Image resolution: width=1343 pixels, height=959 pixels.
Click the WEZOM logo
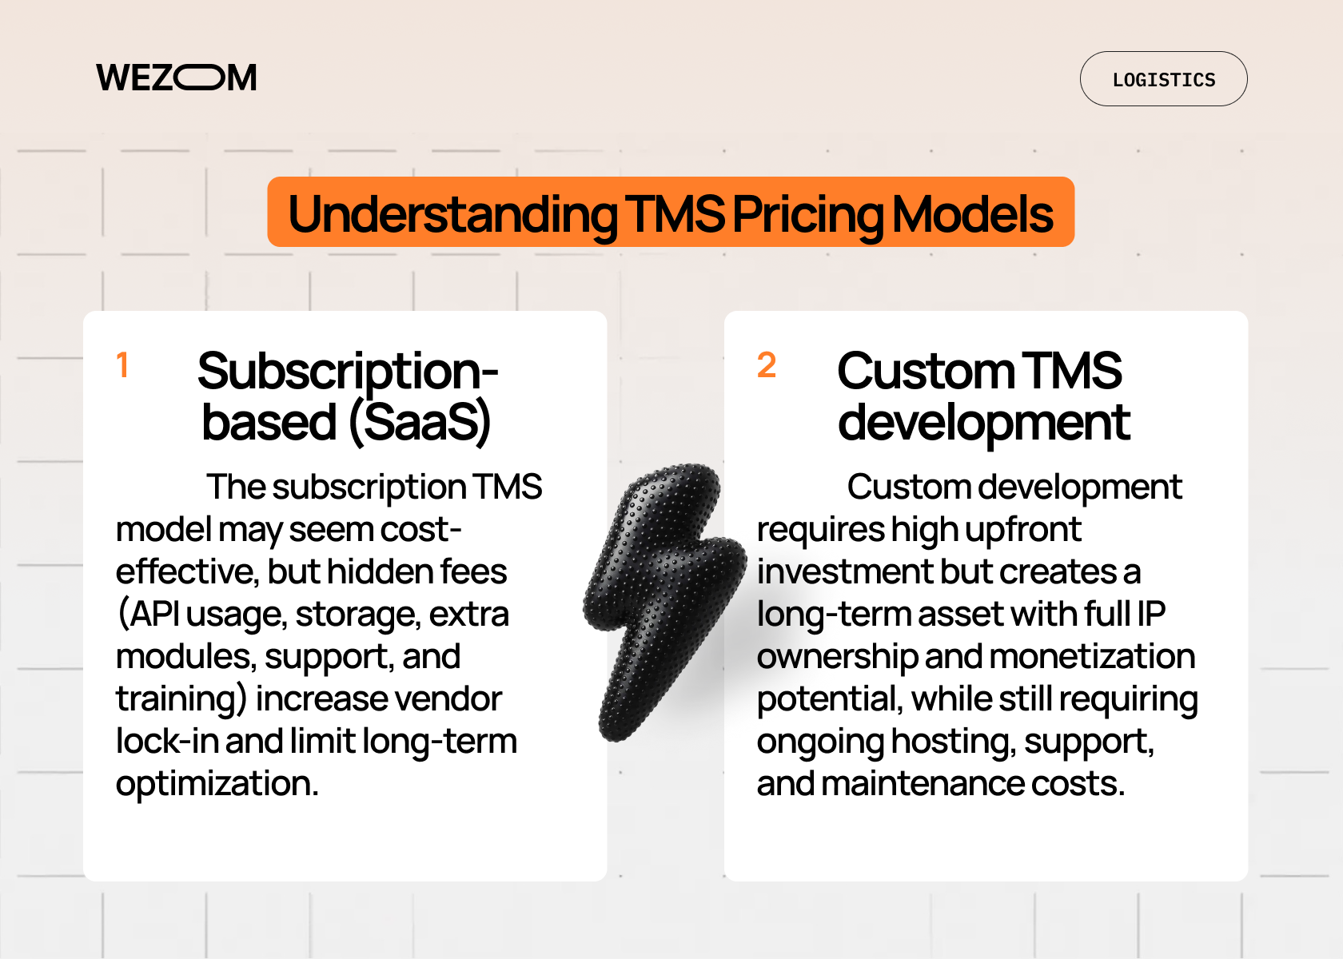point(177,78)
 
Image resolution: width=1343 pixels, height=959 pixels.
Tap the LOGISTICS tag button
point(1163,80)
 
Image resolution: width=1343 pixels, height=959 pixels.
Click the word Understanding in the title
point(452,214)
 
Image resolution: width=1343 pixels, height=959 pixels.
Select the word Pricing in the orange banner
point(807,214)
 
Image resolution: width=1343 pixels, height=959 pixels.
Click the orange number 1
point(122,365)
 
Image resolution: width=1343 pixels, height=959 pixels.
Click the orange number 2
point(767,365)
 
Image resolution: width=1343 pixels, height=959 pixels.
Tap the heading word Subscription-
point(348,372)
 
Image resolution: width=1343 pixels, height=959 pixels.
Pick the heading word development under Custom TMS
point(984,423)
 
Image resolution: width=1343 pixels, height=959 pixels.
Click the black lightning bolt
point(663,599)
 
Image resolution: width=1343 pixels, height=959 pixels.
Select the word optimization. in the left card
point(217,784)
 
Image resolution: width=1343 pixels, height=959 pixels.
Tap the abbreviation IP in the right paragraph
point(1151,615)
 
